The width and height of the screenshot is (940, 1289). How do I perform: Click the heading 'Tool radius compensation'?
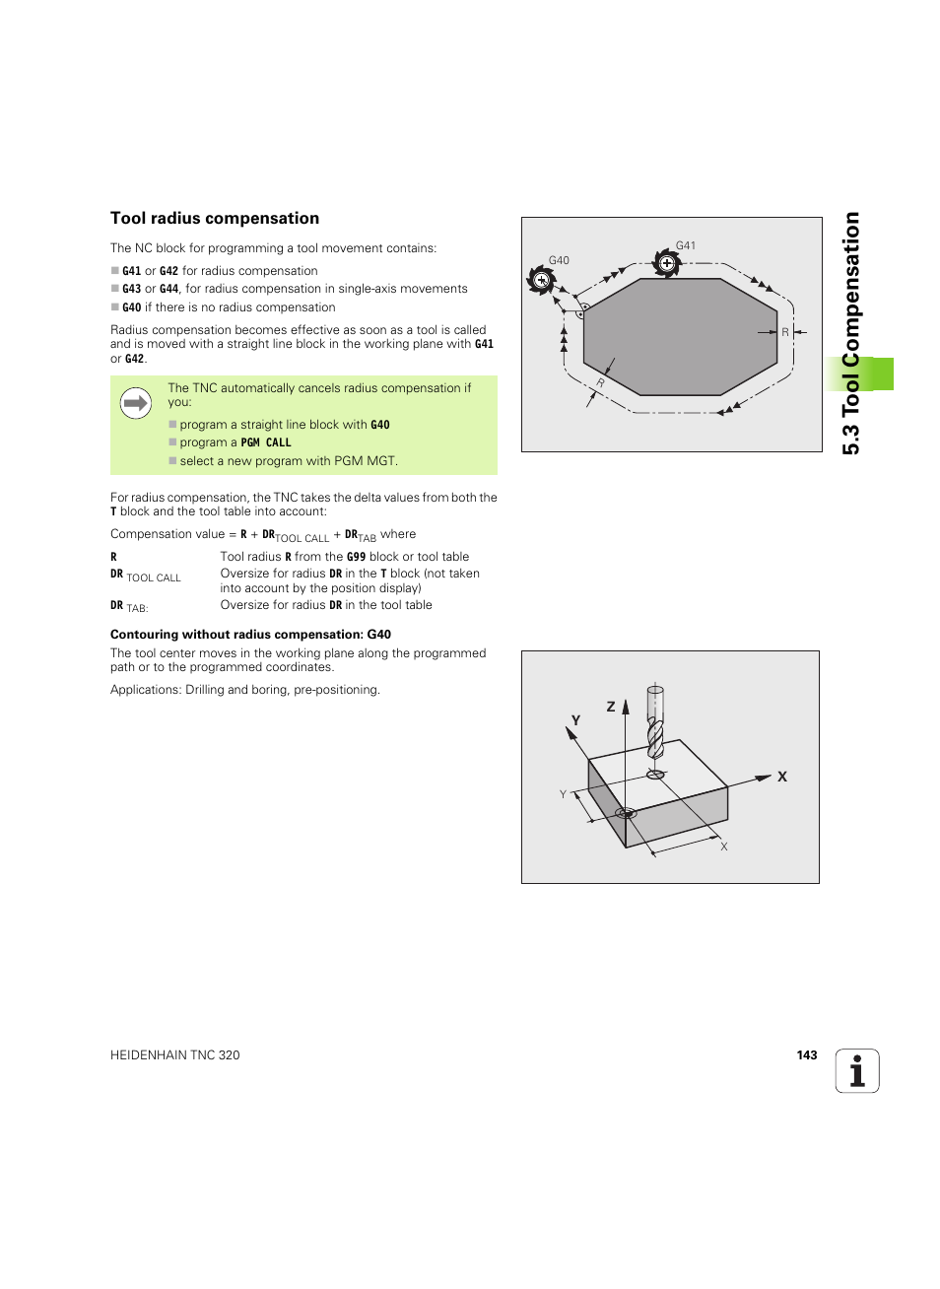[215, 219]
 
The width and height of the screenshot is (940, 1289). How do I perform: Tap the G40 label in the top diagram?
[559, 260]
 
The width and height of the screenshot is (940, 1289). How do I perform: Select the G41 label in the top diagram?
[686, 245]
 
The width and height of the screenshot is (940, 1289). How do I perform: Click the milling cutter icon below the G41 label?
[667, 264]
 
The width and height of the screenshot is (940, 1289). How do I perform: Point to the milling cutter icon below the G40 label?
[541, 280]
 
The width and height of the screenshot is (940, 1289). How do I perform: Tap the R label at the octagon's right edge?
[785, 332]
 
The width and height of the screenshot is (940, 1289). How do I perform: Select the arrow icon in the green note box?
[136, 403]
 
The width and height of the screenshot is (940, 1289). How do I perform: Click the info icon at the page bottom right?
[857, 1071]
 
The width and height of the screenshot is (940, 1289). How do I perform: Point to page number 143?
[807, 1055]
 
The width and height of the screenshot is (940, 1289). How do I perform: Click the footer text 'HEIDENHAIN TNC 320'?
[175, 1055]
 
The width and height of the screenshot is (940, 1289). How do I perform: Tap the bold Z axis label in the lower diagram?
[611, 707]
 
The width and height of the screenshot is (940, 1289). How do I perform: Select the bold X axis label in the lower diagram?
[782, 777]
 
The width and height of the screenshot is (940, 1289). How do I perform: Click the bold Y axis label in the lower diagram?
[576, 720]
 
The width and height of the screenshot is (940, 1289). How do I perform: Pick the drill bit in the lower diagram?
[655, 729]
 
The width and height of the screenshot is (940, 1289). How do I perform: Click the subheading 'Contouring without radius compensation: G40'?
[250, 635]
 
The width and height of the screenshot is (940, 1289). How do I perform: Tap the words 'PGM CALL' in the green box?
[266, 443]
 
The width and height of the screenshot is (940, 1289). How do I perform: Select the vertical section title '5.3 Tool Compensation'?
[852, 333]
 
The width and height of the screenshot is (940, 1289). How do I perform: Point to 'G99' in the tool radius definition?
[356, 557]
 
